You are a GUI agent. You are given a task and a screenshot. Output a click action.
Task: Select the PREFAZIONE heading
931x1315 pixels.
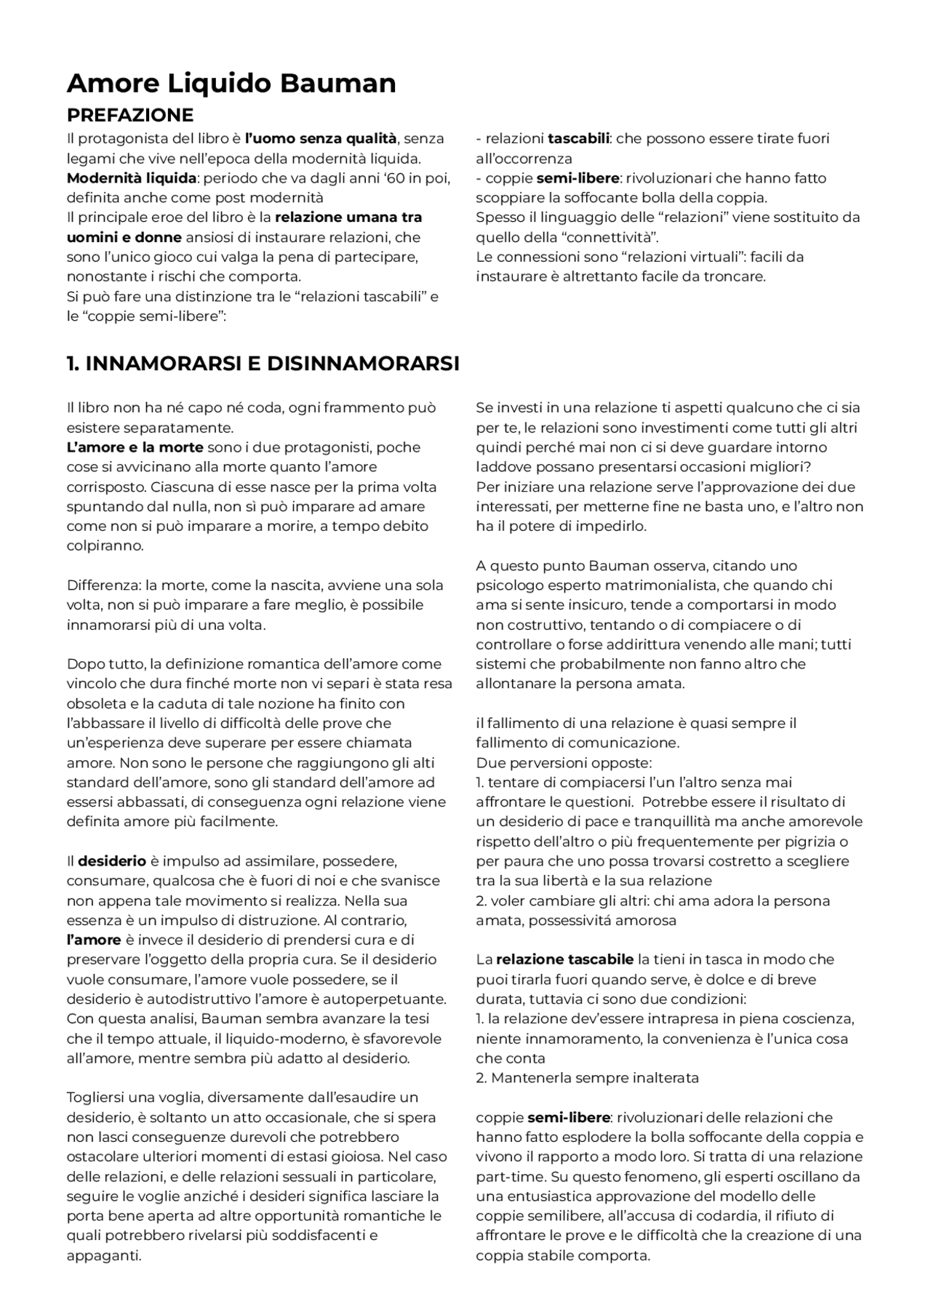coord(130,116)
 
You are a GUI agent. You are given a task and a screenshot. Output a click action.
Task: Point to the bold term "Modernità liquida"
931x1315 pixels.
coord(132,178)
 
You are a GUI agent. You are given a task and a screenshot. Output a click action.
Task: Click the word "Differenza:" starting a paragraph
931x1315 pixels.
coord(104,585)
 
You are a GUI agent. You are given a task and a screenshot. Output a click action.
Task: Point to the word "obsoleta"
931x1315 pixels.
coord(96,704)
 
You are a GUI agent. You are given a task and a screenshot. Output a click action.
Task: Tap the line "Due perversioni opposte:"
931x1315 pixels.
coord(564,763)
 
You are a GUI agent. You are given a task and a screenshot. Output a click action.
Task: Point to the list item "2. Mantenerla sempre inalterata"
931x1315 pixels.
coord(587,1078)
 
